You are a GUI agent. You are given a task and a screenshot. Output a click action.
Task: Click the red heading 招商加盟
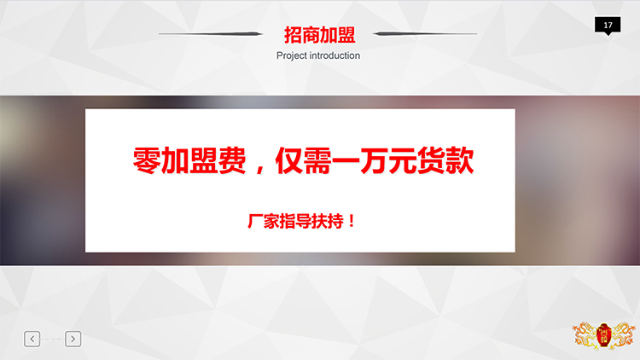pos(320,35)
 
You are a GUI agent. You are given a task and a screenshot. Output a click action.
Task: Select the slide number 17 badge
pos(608,26)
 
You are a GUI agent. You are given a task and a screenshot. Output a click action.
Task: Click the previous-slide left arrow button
pos(32,339)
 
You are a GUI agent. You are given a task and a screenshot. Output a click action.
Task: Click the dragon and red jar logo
pos(603,335)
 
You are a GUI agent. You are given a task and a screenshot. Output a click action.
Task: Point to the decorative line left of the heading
pos(211,34)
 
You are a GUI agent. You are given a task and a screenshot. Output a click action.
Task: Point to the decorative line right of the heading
pos(425,34)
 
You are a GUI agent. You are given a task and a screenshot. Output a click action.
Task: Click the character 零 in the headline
pos(147,160)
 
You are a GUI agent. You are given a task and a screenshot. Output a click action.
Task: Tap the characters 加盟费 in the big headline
pos(204,160)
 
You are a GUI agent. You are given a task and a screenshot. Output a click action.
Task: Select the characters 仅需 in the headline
pos(303,160)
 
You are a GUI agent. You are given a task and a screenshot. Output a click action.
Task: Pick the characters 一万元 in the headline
pos(375,160)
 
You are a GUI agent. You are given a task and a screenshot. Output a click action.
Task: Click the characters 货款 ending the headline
pos(445,160)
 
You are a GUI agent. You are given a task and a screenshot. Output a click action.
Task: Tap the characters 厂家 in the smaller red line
pos(264,221)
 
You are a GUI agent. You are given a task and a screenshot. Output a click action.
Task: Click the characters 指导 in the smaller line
pos(295,221)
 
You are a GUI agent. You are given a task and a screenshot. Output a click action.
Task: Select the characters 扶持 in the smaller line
pos(328,221)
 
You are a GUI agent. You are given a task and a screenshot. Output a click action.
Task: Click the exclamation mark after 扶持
pos(352,221)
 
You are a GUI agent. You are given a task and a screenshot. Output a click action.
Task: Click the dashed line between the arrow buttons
pos(52,339)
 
